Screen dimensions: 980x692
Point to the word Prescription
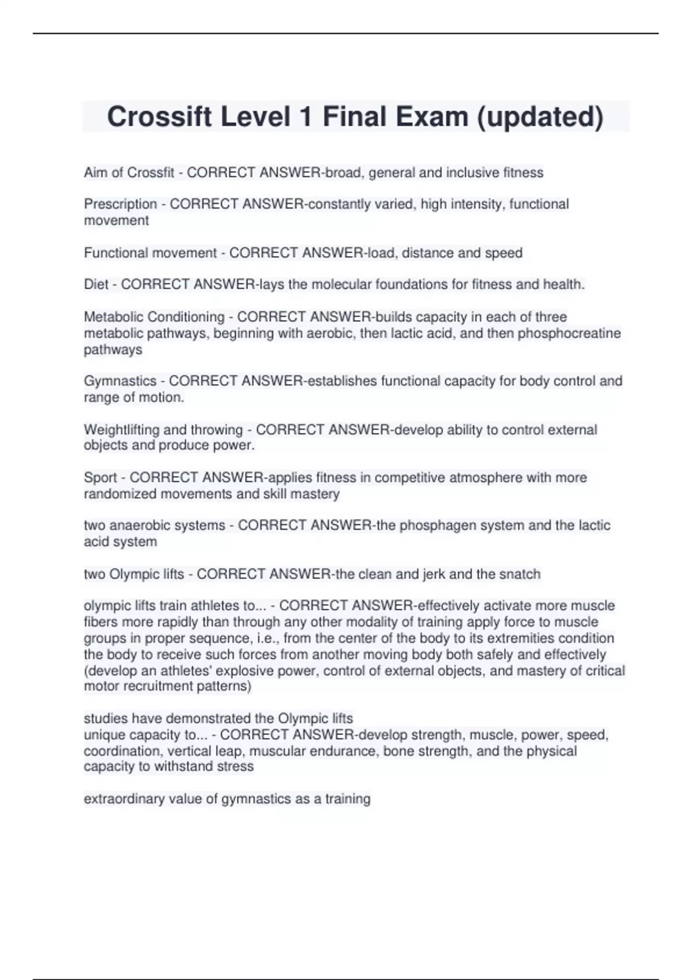121,204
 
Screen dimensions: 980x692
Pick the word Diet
96,284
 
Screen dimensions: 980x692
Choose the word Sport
100,478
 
